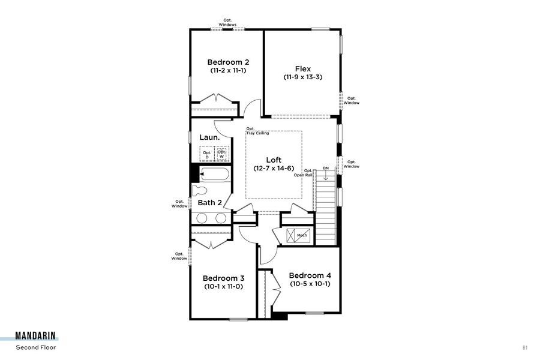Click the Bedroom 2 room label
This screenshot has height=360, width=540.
click(x=228, y=62)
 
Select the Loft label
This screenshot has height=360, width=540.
click(x=274, y=160)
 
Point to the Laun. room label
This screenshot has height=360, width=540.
click(x=209, y=137)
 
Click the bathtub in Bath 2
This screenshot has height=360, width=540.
click(x=215, y=175)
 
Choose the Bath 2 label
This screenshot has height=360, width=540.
click(x=210, y=203)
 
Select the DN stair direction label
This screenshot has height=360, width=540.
click(x=325, y=168)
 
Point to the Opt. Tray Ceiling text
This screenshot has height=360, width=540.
click(x=257, y=131)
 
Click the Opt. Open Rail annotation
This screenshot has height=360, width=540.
click(x=308, y=173)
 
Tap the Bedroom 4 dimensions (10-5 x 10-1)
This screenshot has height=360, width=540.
click(x=310, y=284)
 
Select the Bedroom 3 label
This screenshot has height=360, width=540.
click(x=223, y=278)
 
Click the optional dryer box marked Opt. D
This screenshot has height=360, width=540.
click(x=207, y=154)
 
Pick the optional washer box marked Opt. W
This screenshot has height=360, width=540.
click(x=222, y=154)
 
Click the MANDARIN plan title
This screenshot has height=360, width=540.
click(x=37, y=337)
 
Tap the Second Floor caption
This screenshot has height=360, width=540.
click(x=36, y=347)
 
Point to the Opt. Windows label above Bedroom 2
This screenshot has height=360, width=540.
click(x=227, y=22)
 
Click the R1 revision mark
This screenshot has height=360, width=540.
click(x=524, y=347)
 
